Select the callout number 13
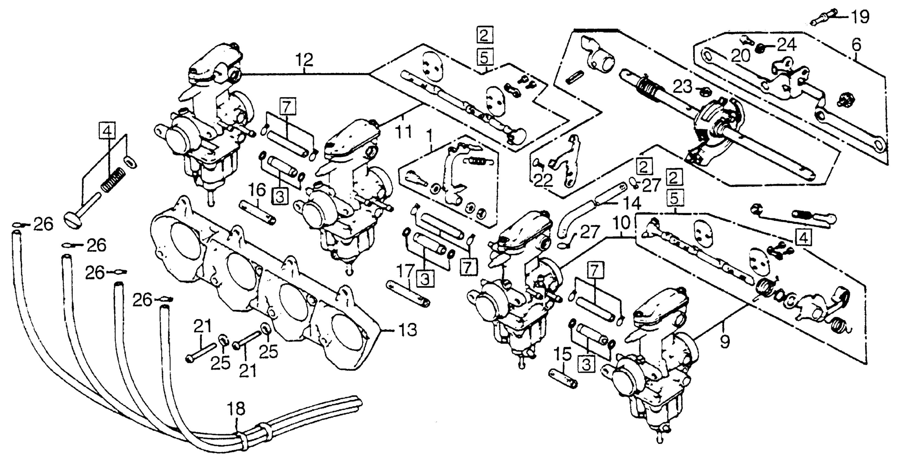pyautogui.click(x=407, y=330)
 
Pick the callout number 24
pyautogui.click(x=787, y=45)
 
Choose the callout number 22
pyautogui.click(x=543, y=181)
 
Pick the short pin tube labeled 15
pyautogui.click(x=563, y=379)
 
